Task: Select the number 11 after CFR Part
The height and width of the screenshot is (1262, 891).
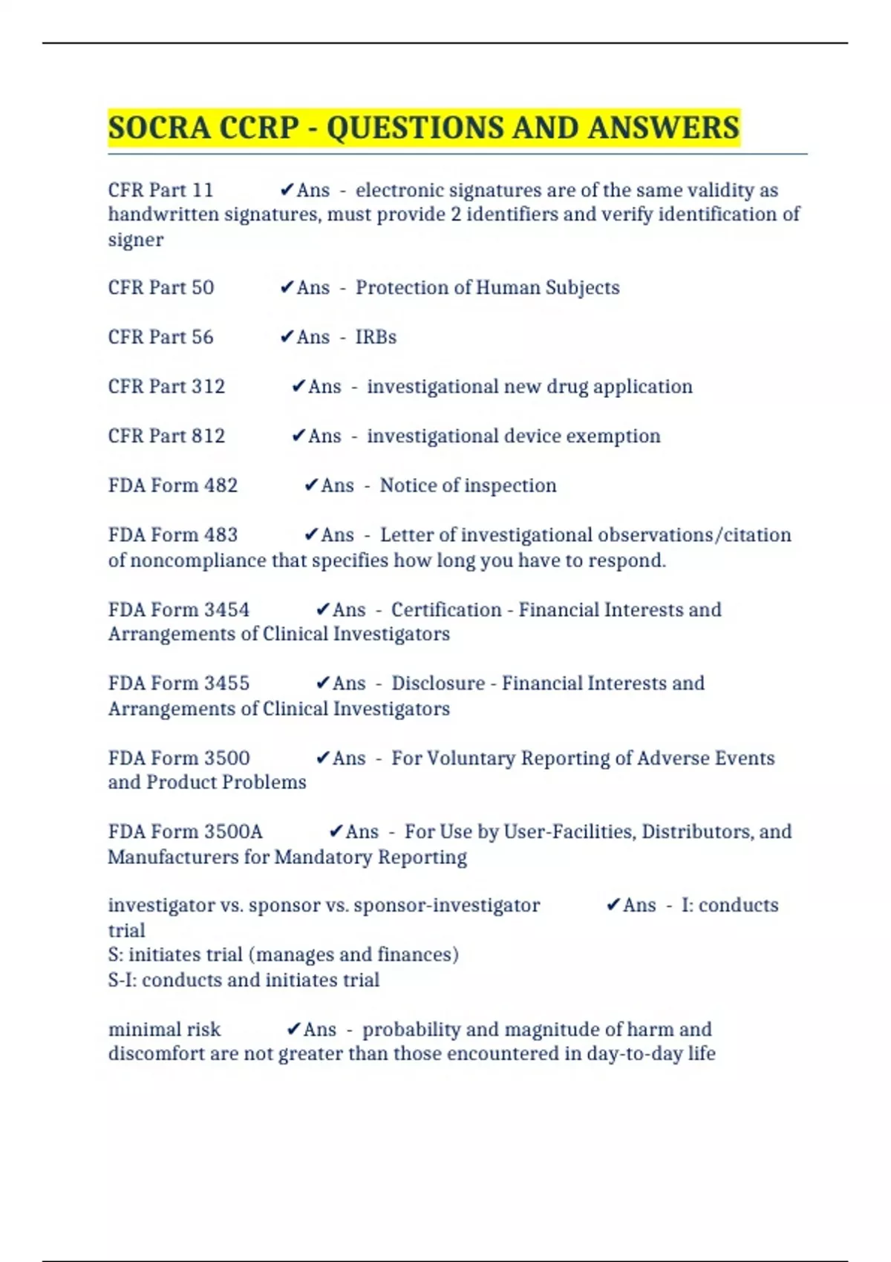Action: click(203, 190)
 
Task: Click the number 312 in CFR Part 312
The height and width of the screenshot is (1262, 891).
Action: click(208, 387)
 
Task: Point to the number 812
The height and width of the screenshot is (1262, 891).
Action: click(208, 436)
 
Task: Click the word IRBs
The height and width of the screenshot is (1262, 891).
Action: click(376, 337)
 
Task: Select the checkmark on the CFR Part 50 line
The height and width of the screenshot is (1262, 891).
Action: click(287, 287)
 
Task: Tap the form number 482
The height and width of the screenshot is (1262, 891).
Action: click(221, 485)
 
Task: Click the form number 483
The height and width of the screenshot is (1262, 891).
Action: click(221, 535)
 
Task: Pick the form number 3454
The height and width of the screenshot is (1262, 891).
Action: click(226, 609)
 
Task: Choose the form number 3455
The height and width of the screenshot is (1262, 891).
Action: click(226, 683)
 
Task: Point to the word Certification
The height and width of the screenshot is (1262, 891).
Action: click(446, 609)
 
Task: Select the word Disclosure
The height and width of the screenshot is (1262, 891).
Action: click(438, 683)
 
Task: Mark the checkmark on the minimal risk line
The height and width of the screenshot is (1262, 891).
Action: click(293, 1029)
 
